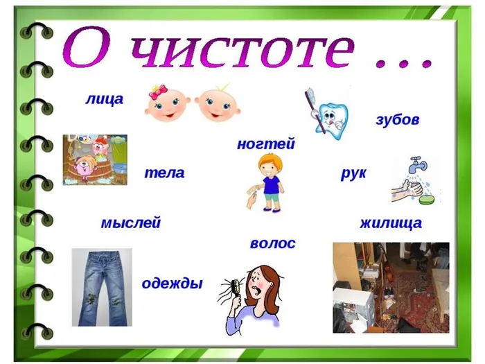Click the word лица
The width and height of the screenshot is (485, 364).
(x=104, y=99)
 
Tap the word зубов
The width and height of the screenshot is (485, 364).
(x=397, y=119)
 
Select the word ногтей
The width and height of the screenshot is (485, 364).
(x=265, y=144)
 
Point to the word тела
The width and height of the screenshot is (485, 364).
(x=164, y=173)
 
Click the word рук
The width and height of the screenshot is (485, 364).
(x=353, y=173)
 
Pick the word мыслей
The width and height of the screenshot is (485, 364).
(x=130, y=223)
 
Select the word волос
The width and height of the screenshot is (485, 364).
(x=272, y=243)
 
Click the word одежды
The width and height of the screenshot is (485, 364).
(x=172, y=283)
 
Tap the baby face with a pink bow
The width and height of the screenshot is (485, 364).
(x=167, y=105)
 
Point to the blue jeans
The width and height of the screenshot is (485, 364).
(x=101, y=286)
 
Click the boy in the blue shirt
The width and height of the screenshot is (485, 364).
(x=268, y=182)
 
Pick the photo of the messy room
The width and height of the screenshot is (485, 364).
(x=391, y=286)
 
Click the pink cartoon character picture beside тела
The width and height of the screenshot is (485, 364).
(x=95, y=160)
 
